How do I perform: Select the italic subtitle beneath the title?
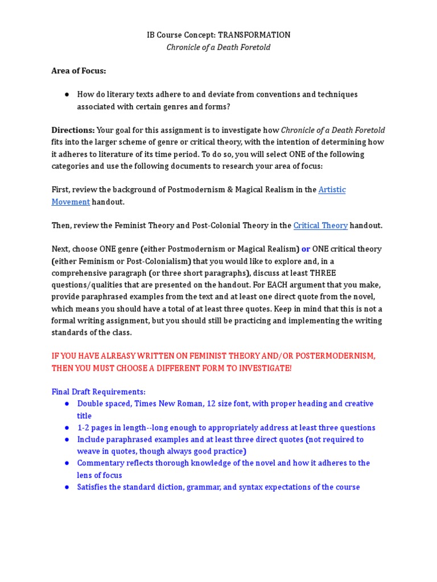218,47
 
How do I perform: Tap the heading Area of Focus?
79,71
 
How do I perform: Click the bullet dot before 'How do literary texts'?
67,94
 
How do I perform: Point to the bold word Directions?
73,130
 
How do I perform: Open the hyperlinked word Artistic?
332,190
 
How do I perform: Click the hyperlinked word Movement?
71,202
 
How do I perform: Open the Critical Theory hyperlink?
320,226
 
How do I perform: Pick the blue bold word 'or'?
306,249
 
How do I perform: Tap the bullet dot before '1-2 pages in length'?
67,427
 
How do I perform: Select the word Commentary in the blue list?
100,463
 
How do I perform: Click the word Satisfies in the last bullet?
94,487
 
